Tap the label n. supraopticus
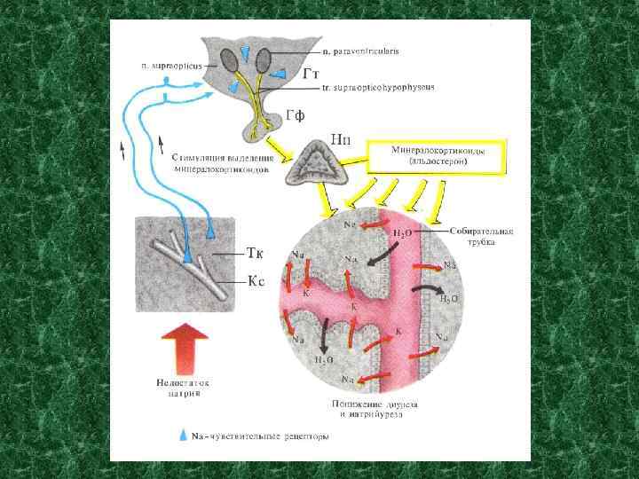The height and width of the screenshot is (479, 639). pos(171,65)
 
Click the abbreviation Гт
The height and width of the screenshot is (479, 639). pos(310,74)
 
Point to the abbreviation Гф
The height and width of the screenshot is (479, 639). pos(298,114)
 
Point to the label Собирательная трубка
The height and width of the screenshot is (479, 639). pos(481,235)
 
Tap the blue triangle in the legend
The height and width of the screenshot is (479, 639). pos(184,436)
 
